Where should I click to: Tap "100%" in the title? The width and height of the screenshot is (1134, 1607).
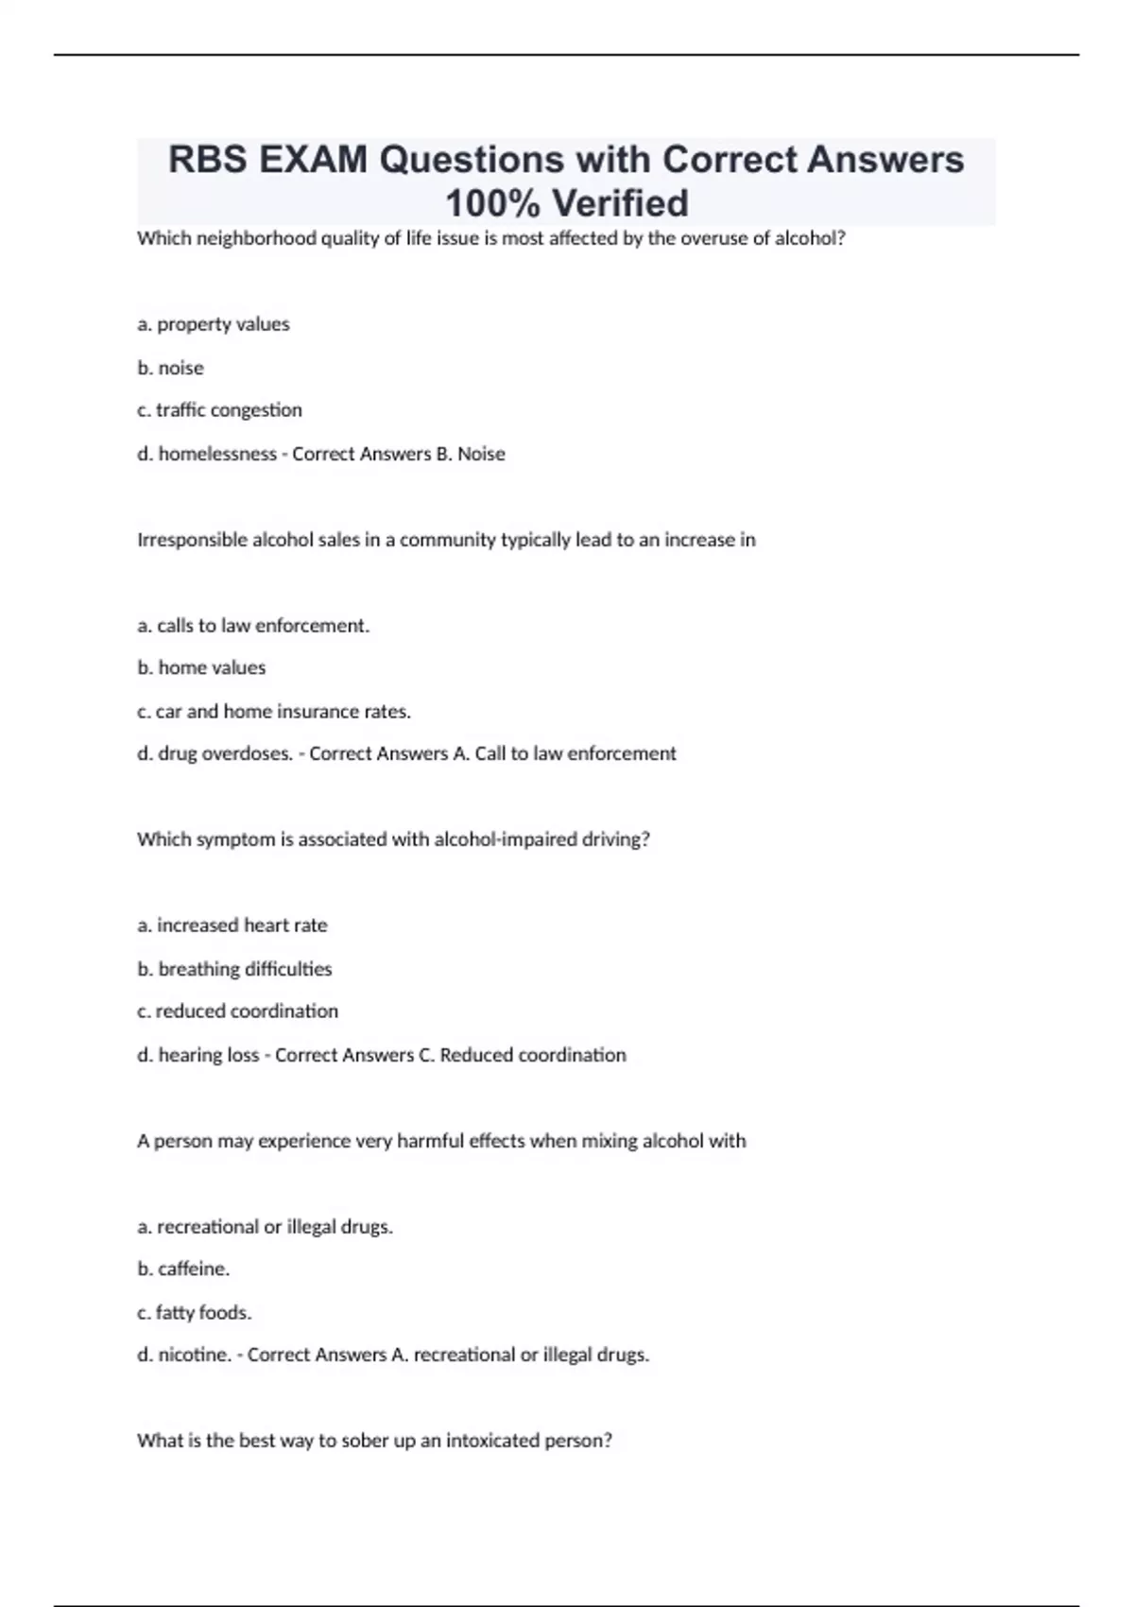492,203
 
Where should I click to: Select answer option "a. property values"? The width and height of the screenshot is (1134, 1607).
214,324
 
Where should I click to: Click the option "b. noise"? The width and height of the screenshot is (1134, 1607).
170,368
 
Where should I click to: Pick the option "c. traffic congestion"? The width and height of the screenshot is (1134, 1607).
219,410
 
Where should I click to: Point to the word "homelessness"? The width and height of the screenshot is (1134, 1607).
217,454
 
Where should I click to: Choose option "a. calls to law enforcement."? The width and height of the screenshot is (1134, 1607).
253,626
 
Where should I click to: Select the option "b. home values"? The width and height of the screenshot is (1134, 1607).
201,667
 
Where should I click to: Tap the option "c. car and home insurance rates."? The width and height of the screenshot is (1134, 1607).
274,711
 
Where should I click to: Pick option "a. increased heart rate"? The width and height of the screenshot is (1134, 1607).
232,925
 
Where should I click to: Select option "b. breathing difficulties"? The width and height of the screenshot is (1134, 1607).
234,969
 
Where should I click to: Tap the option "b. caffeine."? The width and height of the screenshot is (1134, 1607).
183,1269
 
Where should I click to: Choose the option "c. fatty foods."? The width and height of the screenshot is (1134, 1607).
194,1312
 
